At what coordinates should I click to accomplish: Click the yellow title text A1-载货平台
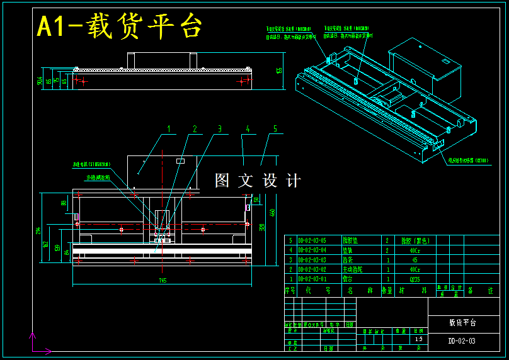click(120, 27)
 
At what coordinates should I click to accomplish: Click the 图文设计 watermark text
click(258, 181)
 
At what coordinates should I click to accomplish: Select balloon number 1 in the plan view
click(168, 129)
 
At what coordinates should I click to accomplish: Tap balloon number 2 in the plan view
click(195, 129)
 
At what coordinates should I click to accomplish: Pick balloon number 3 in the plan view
click(219, 129)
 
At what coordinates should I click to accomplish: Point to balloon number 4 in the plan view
click(248, 129)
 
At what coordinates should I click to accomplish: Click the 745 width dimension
click(163, 279)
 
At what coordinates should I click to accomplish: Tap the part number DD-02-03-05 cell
click(312, 240)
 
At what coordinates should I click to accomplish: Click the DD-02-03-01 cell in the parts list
click(312, 278)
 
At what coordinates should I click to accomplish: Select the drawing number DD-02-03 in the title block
click(462, 341)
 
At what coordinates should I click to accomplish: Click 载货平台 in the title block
click(462, 322)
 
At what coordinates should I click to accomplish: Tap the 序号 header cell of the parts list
click(290, 291)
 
